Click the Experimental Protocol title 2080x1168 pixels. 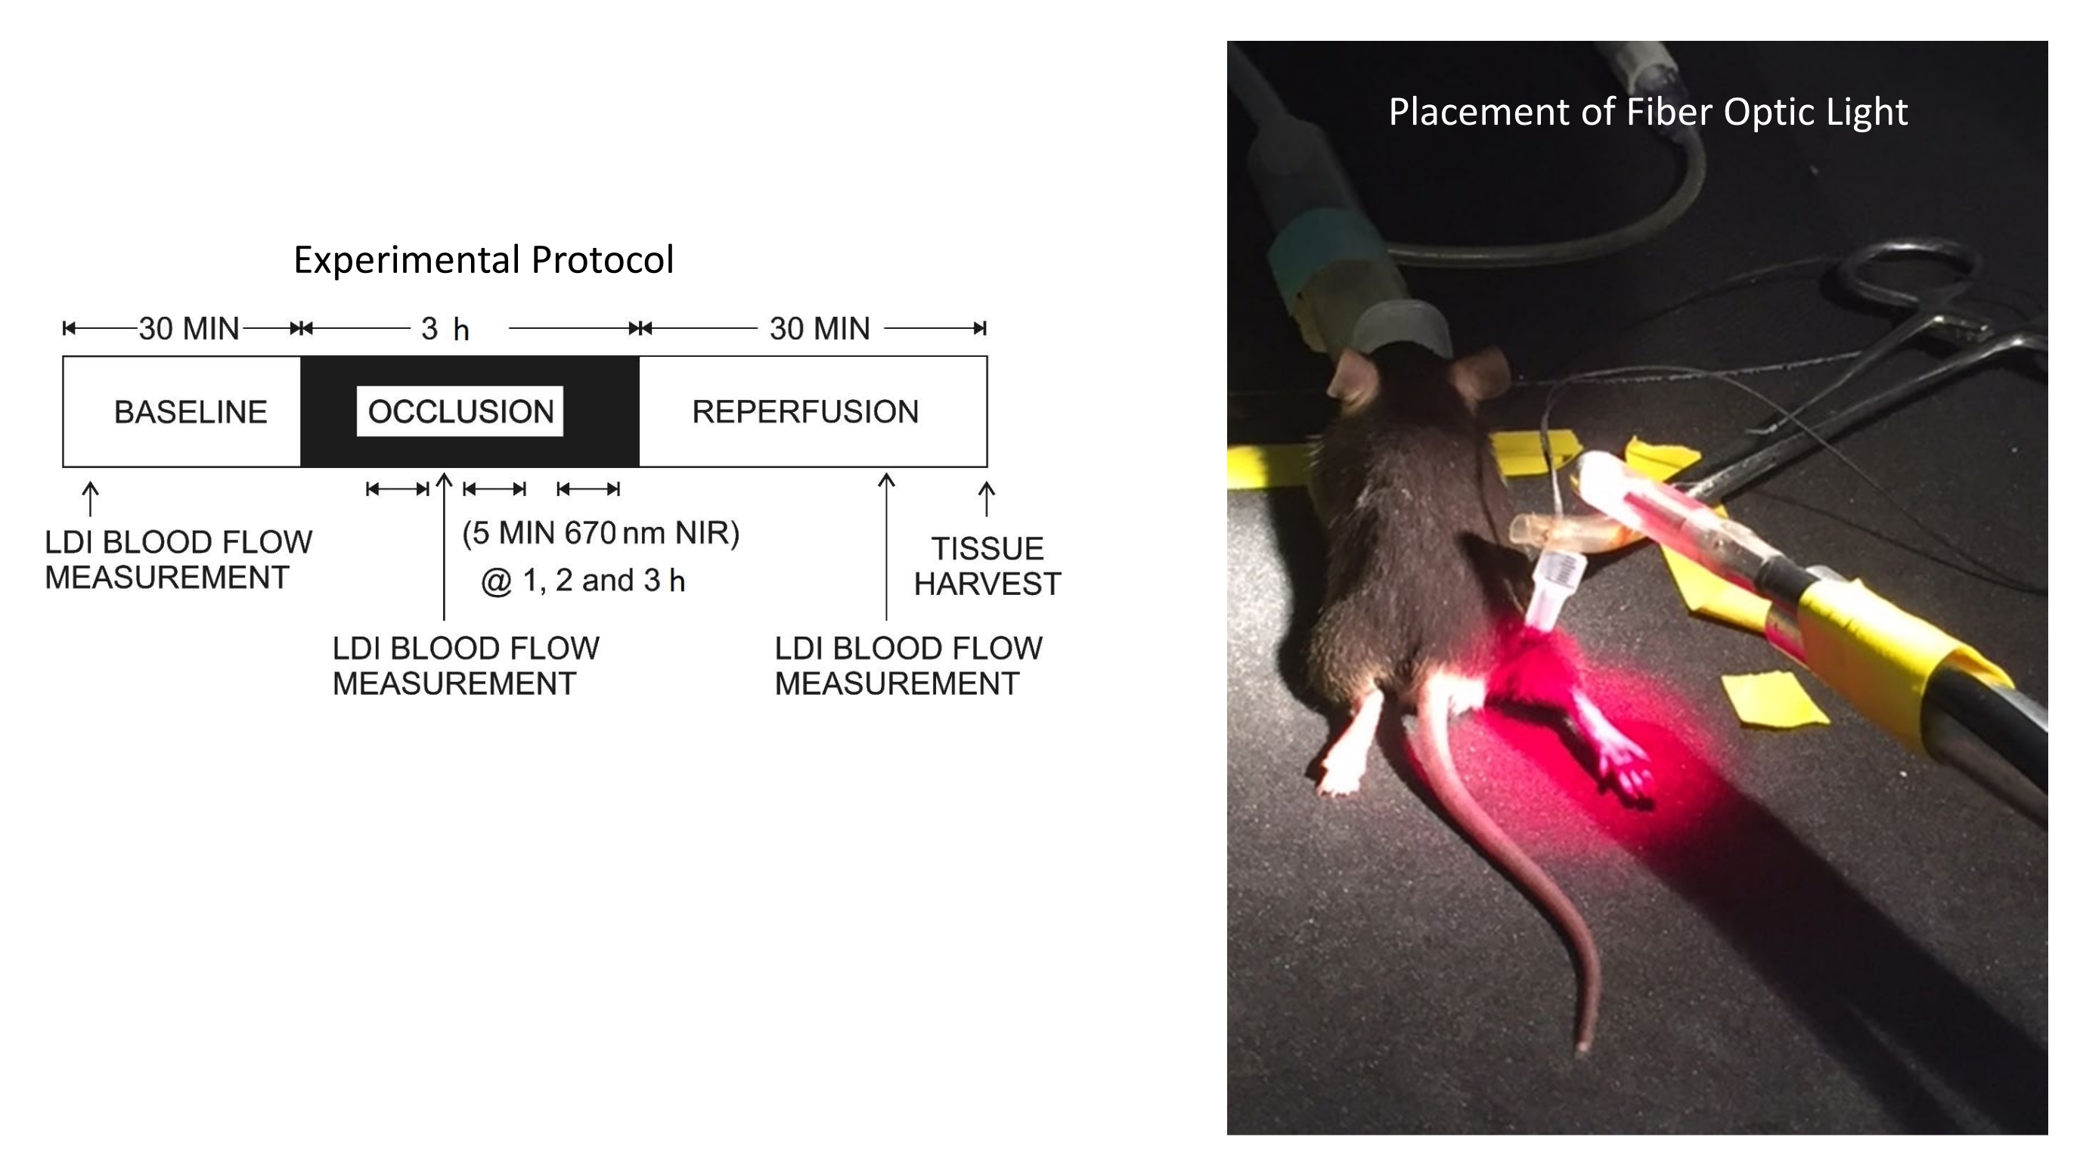(x=483, y=260)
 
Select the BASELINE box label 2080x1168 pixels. (x=191, y=412)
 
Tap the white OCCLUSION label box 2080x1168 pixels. (x=460, y=412)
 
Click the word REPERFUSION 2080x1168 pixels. (x=805, y=412)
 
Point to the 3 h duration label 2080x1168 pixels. (x=445, y=330)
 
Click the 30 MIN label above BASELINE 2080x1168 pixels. (x=189, y=329)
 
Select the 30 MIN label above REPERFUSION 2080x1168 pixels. (x=820, y=329)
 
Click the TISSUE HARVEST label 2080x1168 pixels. (x=987, y=565)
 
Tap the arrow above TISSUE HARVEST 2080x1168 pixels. (x=986, y=498)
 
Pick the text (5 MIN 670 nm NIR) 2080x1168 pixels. (x=601, y=534)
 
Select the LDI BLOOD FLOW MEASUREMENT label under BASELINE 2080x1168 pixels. (x=178, y=559)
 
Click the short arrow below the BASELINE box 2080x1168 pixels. (x=91, y=498)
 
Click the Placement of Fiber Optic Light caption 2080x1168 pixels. (x=1648, y=111)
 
